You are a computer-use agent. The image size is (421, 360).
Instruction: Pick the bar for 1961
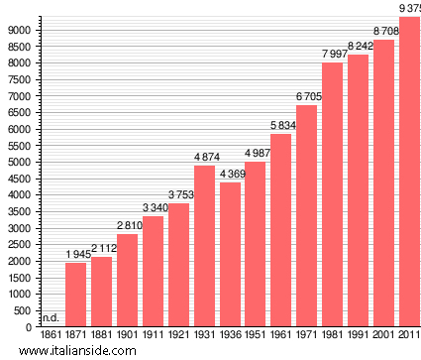point(281,230)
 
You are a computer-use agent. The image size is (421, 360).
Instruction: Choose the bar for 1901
point(128,280)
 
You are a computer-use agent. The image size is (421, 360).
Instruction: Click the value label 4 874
point(204,157)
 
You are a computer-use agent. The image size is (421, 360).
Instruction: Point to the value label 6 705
point(307,96)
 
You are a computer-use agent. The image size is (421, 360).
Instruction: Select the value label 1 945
point(76,254)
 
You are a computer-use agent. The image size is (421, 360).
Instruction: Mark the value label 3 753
point(178,194)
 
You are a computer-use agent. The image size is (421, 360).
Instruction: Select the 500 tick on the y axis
point(24,310)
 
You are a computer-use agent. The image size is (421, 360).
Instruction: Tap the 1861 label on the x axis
point(51,338)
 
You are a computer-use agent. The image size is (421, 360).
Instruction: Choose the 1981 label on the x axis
point(333,338)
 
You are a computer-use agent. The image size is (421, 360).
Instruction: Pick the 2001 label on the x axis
point(383,338)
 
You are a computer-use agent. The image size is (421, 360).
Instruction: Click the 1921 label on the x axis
point(178,338)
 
